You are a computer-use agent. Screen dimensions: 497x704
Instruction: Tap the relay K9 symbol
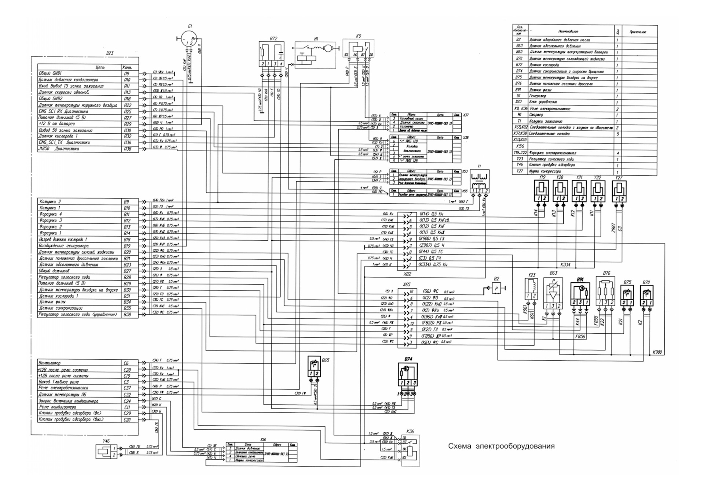358,49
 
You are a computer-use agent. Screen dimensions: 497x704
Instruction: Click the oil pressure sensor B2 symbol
496,288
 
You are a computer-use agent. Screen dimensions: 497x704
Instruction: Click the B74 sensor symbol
408,374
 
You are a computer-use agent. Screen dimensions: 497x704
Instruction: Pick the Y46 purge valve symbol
104,452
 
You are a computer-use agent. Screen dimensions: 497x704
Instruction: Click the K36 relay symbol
411,450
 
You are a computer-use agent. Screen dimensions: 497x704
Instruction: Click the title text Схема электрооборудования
501,446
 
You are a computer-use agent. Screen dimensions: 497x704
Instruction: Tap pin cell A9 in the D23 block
127,73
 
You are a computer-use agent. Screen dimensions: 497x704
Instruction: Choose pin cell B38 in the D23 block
127,315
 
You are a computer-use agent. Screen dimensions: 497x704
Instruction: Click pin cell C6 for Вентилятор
126,363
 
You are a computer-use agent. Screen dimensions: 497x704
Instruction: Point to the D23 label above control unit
110,53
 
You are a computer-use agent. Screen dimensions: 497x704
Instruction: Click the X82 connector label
407,274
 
